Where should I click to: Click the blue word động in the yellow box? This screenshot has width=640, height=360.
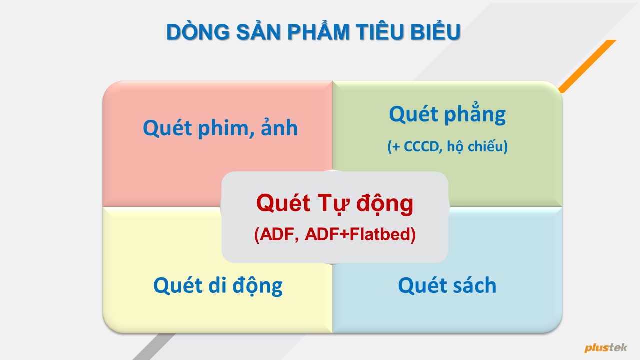[257, 285]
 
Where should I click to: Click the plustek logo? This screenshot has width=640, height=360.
[605, 347]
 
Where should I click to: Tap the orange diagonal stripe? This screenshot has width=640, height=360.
[587, 66]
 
